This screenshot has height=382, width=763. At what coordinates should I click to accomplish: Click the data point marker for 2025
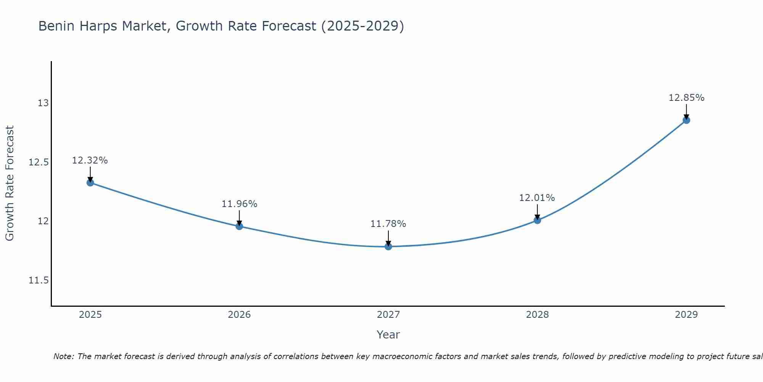(x=90, y=183)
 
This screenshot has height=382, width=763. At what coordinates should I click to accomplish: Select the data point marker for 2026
(x=239, y=226)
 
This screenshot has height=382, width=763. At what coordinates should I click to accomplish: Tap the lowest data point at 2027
(x=388, y=246)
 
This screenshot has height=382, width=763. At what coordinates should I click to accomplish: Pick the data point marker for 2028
(x=537, y=220)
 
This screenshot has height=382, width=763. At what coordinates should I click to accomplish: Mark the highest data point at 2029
(x=686, y=120)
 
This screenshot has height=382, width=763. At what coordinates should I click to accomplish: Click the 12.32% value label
(x=90, y=160)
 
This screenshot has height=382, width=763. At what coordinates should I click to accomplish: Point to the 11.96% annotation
(x=239, y=204)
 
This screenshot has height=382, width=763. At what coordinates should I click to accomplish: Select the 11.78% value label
(x=388, y=224)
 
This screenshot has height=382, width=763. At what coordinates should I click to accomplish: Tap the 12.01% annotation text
(x=537, y=198)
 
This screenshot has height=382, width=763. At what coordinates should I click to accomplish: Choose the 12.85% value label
(x=686, y=98)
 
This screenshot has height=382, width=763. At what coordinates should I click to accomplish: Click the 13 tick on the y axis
(x=43, y=103)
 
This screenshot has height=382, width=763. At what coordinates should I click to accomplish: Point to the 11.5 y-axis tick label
(x=39, y=280)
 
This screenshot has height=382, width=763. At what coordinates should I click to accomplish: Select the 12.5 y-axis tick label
(x=39, y=162)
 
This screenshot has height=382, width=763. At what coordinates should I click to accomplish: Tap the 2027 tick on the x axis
(x=388, y=315)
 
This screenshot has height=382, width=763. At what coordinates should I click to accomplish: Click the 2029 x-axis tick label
(x=686, y=315)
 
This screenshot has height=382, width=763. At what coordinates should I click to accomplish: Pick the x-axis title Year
(x=388, y=335)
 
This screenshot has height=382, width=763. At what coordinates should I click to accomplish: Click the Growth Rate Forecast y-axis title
(x=10, y=183)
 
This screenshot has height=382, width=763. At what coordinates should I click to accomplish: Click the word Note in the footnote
(x=63, y=356)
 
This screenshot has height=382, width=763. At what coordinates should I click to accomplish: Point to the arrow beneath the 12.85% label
(x=686, y=112)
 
